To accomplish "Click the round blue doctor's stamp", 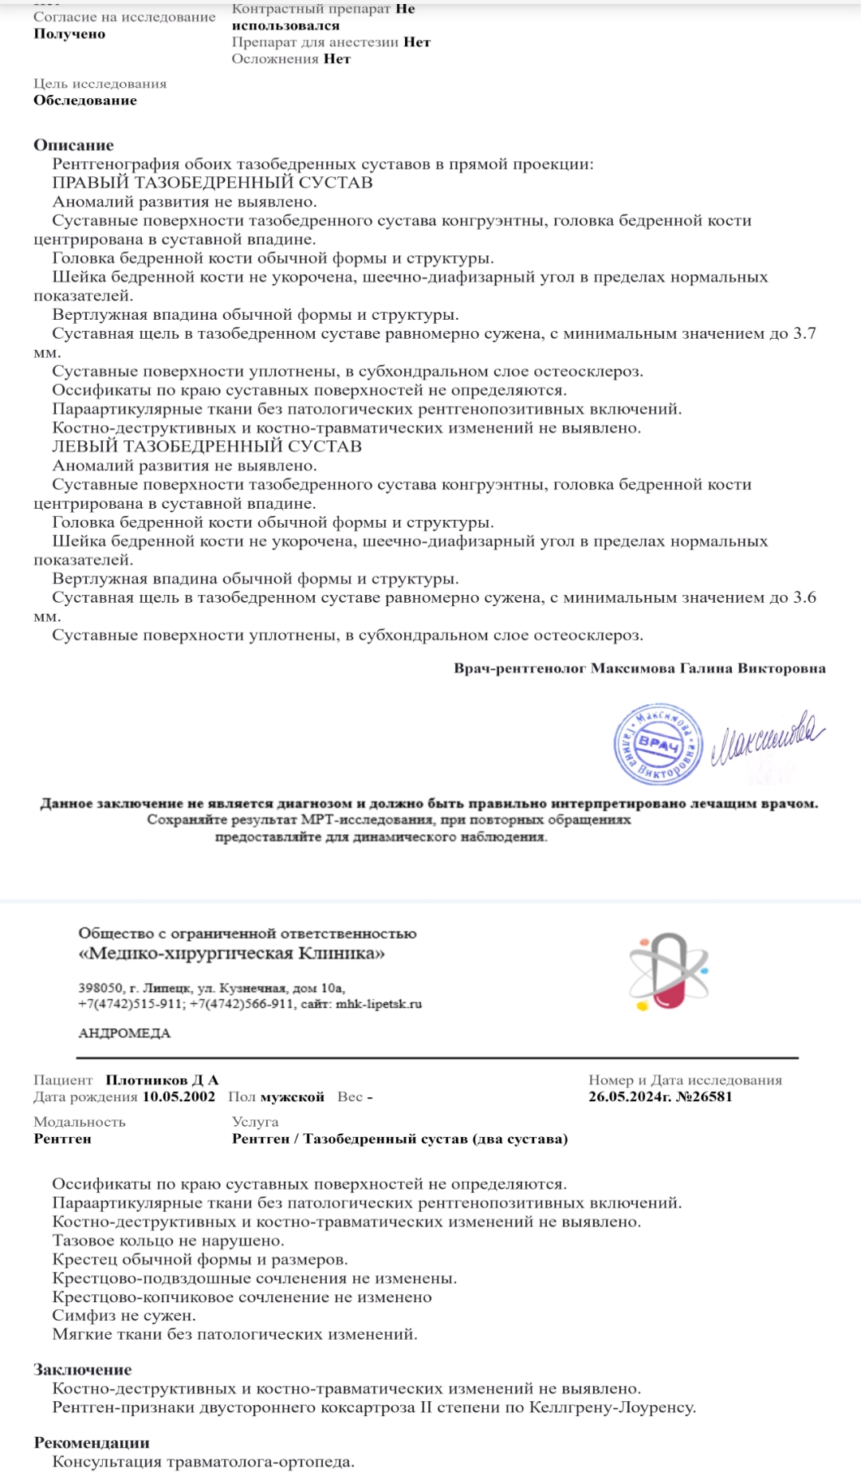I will point(658,745).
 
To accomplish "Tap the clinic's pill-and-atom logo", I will point(668,972).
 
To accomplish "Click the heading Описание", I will point(73,145).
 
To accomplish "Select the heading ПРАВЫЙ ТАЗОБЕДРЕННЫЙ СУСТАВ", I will point(212,183).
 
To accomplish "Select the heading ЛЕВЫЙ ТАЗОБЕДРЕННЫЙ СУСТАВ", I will point(206,447).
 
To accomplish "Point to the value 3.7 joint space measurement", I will point(804,333).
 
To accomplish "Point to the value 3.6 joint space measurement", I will point(804,597).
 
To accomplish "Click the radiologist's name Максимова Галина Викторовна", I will point(708,668).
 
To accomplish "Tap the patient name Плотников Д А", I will point(162,1080).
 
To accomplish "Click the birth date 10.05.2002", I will point(179,1096).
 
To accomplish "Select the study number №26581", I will point(704,1096).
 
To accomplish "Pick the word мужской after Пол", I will point(292,1096).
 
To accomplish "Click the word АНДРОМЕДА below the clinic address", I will point(124,1033).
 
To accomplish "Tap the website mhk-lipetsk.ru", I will point(379,1004).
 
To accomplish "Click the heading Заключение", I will point(82,1370).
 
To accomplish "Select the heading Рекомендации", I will point(91,1442).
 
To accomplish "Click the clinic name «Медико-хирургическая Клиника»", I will point(231,954).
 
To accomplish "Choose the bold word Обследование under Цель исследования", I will point(85,100).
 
